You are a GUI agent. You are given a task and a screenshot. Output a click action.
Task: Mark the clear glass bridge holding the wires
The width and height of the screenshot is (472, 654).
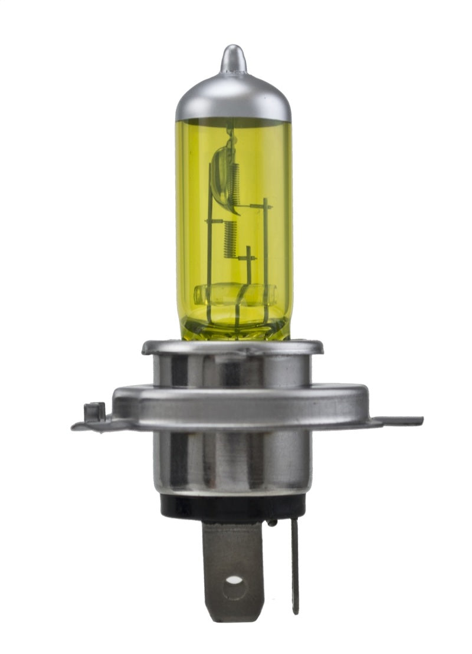coord(234,294)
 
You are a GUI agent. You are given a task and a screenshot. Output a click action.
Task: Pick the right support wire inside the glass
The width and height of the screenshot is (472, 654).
coord(265,259)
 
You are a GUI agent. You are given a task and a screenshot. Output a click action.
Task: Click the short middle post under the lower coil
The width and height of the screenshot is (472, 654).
coord(248,271)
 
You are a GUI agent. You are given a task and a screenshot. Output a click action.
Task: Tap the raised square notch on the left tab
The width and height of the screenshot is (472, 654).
coord(94,410)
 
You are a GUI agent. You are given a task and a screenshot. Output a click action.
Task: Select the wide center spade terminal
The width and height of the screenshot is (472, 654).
coord(234,566)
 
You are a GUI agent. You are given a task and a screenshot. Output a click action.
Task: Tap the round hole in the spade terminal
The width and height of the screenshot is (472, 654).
coord(234,580)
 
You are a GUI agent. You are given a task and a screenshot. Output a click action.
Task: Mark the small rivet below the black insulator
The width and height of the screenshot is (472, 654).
coord(271,522)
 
